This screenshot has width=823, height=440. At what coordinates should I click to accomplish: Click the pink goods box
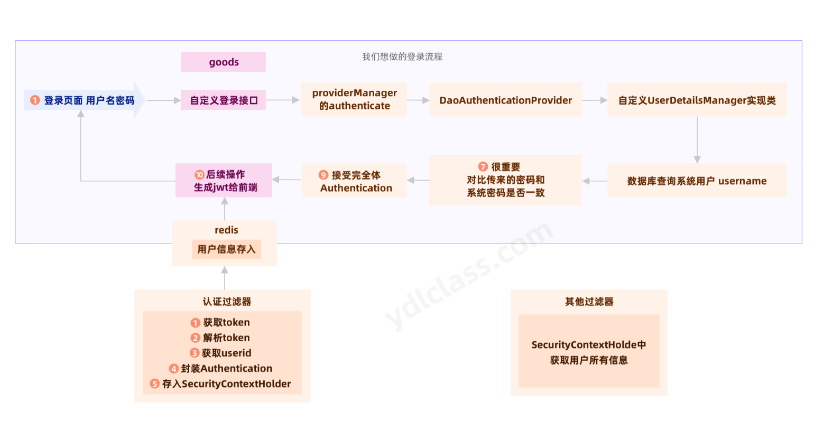click(x=223, y=62)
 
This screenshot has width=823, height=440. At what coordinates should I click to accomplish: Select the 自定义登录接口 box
click(x=223, y=100)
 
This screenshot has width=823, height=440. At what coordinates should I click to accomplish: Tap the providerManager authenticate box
click(x=354, y=99)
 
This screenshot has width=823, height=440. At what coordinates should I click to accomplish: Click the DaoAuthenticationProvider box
click(x=505, y=100)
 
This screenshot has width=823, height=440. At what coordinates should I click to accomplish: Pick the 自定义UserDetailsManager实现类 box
click(x=697, y=100)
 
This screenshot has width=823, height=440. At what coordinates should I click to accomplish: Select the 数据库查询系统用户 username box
click(x=697, y=181)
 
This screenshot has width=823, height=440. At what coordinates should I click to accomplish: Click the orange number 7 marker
click(x=483, y=167)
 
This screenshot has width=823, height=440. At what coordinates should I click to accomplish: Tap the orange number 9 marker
click(x=323, y=175)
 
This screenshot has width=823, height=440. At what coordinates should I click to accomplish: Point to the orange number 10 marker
click(x=199, y=174)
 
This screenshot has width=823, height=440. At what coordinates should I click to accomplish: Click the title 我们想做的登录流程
click(x=402, y=57)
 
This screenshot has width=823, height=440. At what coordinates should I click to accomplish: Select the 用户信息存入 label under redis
click(x=226, y=249)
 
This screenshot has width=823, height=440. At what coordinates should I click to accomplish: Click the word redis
click(x=226, y=230)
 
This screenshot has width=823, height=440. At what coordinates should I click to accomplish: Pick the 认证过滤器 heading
click(x=227, y=302)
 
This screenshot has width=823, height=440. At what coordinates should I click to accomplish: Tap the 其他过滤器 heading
click(x=589, y=302)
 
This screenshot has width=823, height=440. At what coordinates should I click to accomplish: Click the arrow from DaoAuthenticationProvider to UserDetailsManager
click(x=595, y=100)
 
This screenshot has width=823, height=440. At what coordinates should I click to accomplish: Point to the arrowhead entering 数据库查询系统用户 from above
click(x=697, y=159)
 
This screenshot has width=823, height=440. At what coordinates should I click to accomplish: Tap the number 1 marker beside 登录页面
click(x=35, y=100)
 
